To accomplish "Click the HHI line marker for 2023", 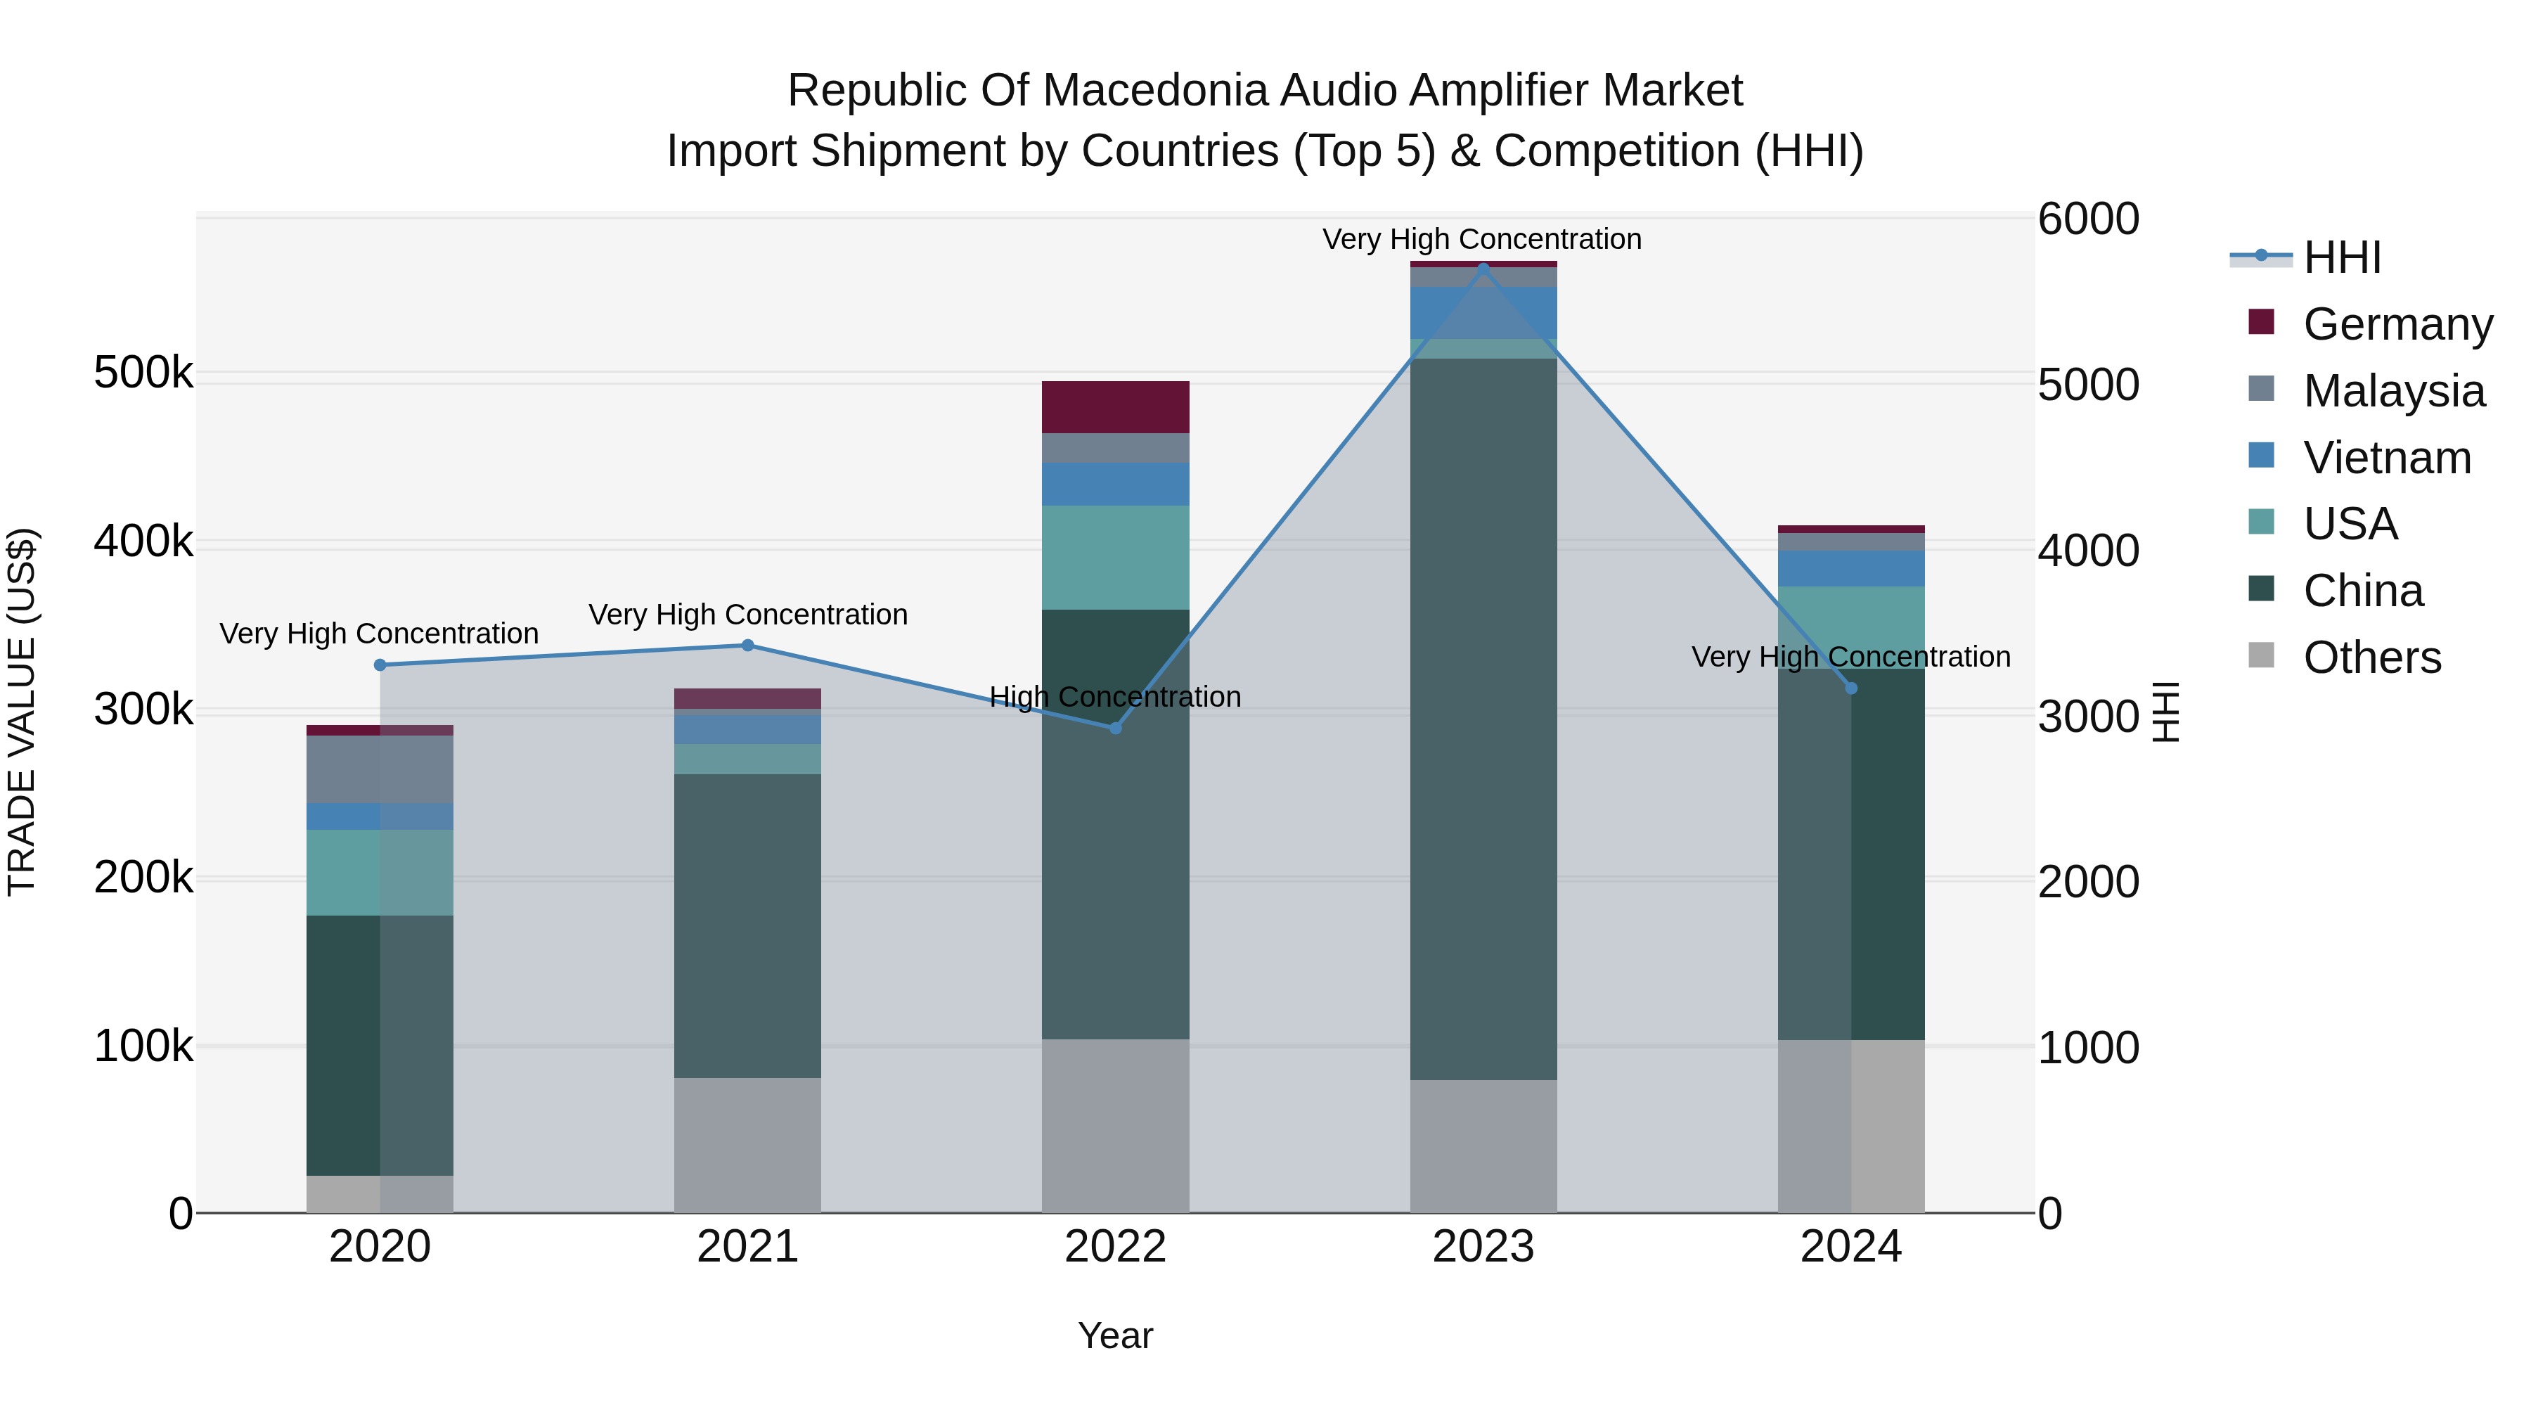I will [x=1483, y=269].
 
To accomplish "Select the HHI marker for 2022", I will [x=1115, y=729].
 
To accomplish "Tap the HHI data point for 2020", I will [x=380, y=665].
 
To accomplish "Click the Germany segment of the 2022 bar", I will [x=1115, y=407].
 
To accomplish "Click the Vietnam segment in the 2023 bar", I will [x=1483, y=312].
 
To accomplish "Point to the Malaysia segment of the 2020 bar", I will [x=380, y=769].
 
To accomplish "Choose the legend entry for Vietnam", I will [x=2387, y=458].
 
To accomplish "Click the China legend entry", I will [x=2363, y=591].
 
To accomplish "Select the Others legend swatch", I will [x=2261, y=655].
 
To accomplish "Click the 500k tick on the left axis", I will [x=143, y=373].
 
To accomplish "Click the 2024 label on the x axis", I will [x=1850, y=1247].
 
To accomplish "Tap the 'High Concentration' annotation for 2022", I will [x=1115, y=697].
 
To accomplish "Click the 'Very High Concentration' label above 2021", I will [x=748, y=615].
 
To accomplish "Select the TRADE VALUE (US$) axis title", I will [x=22, y=712].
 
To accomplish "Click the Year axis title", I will [x=1115, y=1335].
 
